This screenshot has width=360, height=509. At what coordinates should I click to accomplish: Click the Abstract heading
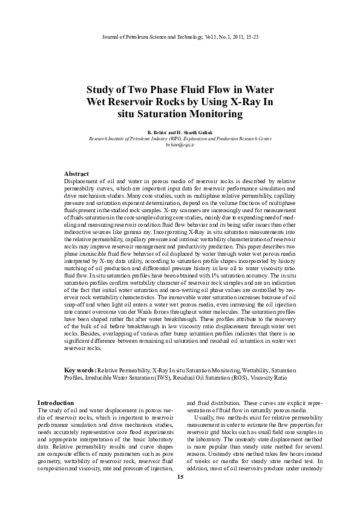(x=77, y=173)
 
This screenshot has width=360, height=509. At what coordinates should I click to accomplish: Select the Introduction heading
(x=56, y=403)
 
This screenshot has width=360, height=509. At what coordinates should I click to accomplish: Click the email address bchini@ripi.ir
(x=180, y=146)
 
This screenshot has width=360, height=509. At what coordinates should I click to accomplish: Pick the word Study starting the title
(x=100, y=88)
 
